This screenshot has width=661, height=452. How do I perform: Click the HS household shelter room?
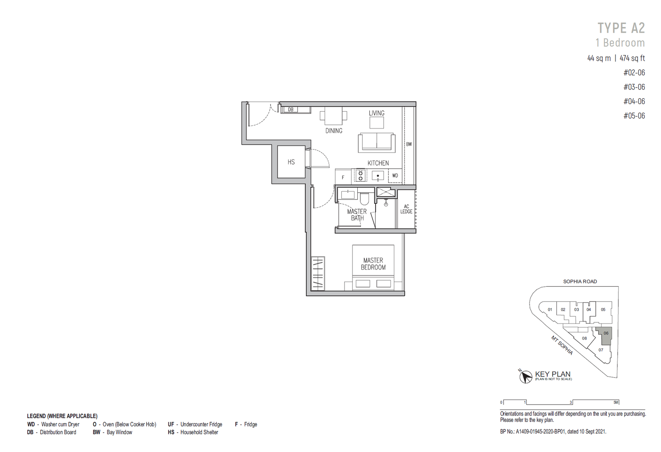click(291, 162)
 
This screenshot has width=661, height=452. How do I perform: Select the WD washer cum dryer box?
click(395, 176)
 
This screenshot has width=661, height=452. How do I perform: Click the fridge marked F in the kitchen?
click(343, 177)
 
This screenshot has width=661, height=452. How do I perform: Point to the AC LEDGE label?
click(407, 209)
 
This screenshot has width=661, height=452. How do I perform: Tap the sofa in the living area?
click(376, 143)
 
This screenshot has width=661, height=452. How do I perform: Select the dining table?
click(333, 116)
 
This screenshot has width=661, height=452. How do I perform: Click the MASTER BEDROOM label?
click(373, 264)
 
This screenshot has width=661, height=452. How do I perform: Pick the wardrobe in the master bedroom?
click(318, 274)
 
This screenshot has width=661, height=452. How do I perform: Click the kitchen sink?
click(378, 176)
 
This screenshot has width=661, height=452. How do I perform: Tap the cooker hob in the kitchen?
click(360, 176)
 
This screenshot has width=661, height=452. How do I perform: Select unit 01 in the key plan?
click(550, 309)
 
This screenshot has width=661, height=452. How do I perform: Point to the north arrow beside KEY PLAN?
click(525, 376)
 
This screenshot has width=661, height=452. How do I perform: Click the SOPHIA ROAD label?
click(580, 281)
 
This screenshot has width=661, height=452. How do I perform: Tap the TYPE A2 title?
click(621, 28)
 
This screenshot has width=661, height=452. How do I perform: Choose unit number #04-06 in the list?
click(634, 101)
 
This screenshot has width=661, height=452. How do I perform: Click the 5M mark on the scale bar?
click(616, 402)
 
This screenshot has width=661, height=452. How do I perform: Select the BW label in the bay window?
click(409, 144)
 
